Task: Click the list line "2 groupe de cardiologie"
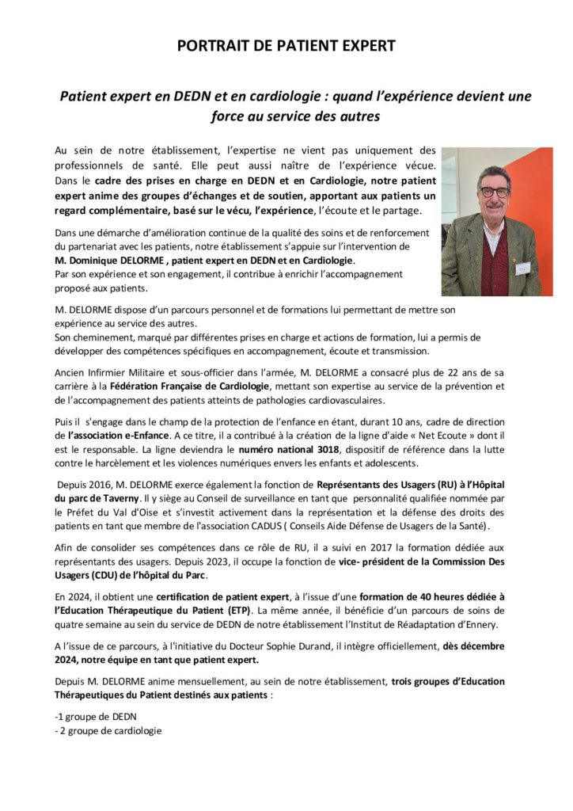108,730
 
